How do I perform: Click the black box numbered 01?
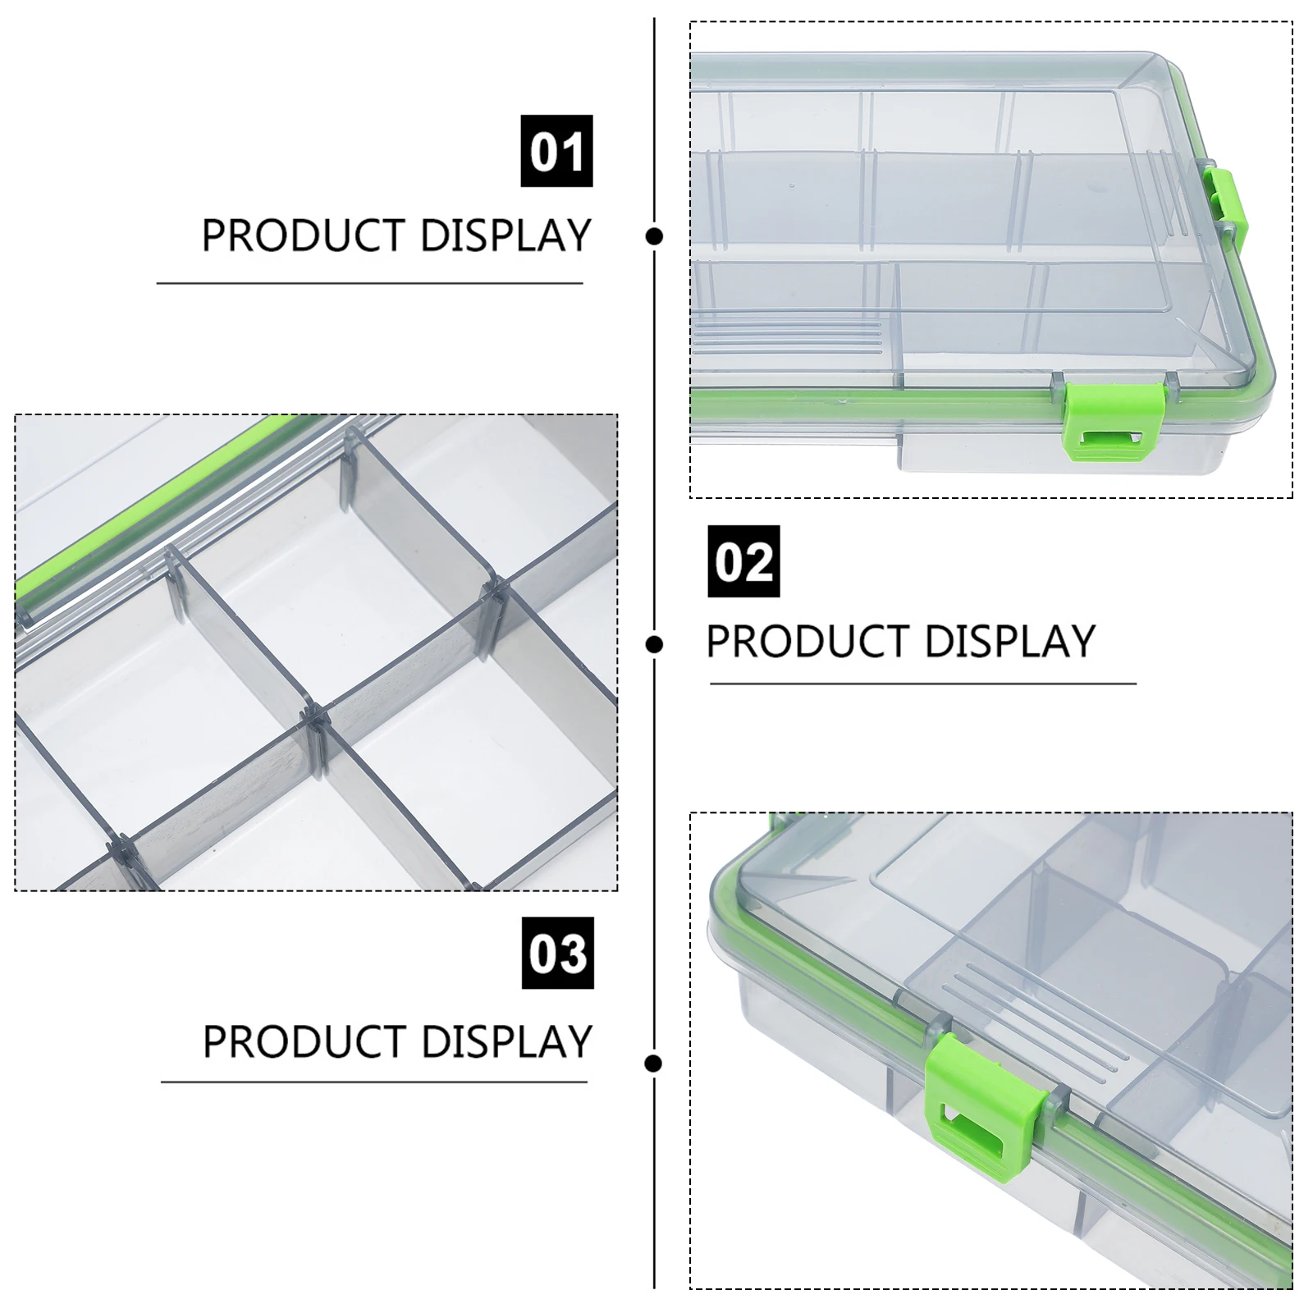(x=556, y=151)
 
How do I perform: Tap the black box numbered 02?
(x=743, y=561)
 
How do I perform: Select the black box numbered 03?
(x=558, y=953)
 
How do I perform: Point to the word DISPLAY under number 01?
(x=506, y=236)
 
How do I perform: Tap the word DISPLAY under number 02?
(x=1010, y=641)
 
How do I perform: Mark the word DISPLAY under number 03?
(x=507, y=1041)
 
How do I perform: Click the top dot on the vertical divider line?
(x=654, y=236)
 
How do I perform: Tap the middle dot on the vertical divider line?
(x=654, y=644)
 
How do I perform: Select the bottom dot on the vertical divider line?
(x=653, y=1064)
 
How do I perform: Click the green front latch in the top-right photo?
(x=1114, y=422)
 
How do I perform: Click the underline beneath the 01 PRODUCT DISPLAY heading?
(x=370, y=283)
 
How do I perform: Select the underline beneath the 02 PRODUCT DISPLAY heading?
(x=923, y=683)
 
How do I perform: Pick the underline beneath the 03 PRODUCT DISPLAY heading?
(x=374, y=1082)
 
